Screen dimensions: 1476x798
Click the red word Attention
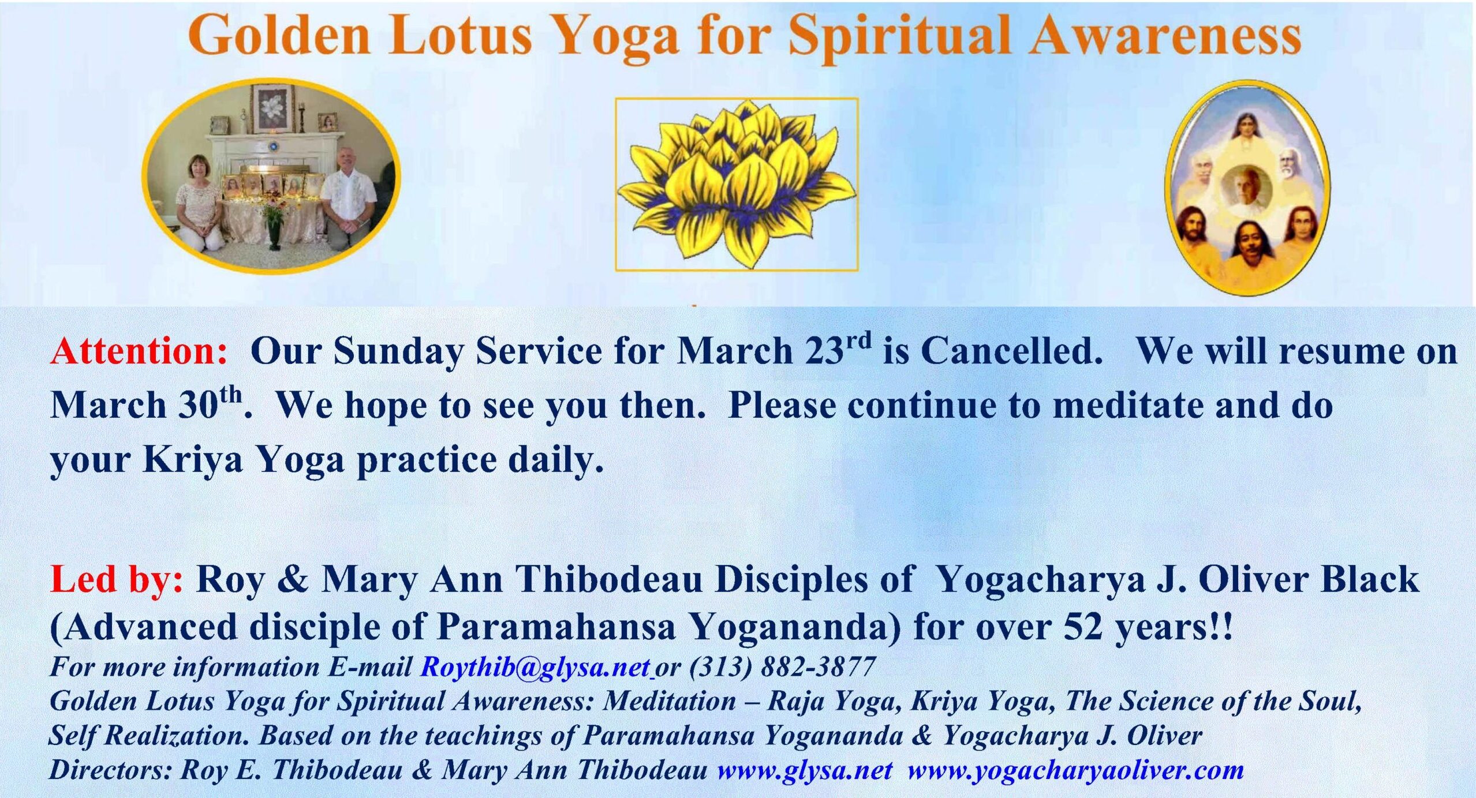tap(139, 351)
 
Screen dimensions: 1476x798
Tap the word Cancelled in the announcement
tap(1011, 351)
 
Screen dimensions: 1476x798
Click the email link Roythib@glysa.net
tap(536, 668)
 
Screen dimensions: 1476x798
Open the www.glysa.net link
tap(805, 770)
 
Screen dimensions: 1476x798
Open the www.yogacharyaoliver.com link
tap(1075, 771)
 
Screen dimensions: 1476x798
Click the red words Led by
tap(117, 580)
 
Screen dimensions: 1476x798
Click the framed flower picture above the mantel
tap(271, 108)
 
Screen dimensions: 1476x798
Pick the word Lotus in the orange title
tap(460, 35)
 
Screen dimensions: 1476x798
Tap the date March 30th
tap(147, 404)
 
